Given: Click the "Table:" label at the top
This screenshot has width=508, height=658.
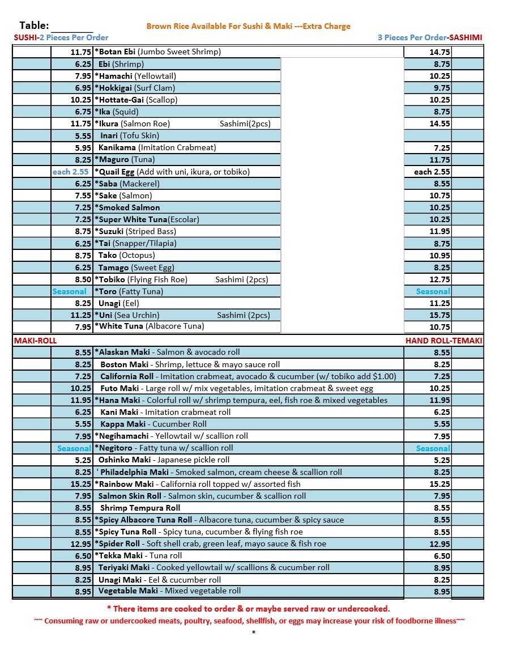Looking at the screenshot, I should tap(34, 26).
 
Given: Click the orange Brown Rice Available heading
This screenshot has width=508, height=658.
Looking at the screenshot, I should tap(248, 26).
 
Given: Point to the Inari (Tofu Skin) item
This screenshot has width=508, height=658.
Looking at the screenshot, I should tap(129, 135).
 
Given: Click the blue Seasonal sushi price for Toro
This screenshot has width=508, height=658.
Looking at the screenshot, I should tap(69, 291).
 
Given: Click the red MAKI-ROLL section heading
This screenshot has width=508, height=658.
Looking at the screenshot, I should tap(35, 341).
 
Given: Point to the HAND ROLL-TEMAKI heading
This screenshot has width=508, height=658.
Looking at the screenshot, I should tap(443, 341).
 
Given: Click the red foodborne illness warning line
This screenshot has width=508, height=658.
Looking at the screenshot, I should tap(249, 621).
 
